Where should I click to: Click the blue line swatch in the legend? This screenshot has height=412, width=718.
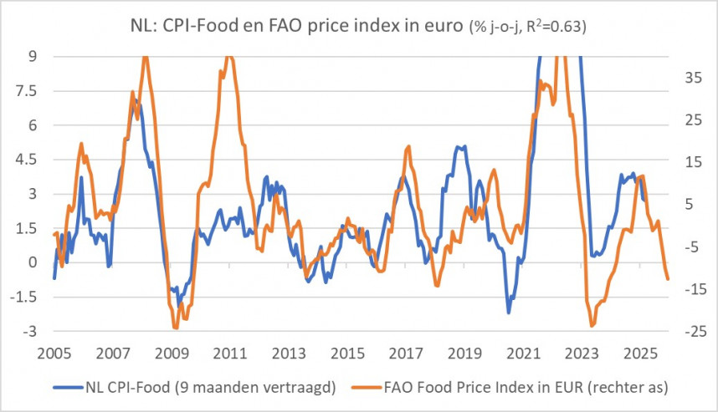click(69, 387)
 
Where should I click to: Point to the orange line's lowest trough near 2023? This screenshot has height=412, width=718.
click(592, 325)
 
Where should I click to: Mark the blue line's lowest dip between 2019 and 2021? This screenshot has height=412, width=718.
click(508, 313)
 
